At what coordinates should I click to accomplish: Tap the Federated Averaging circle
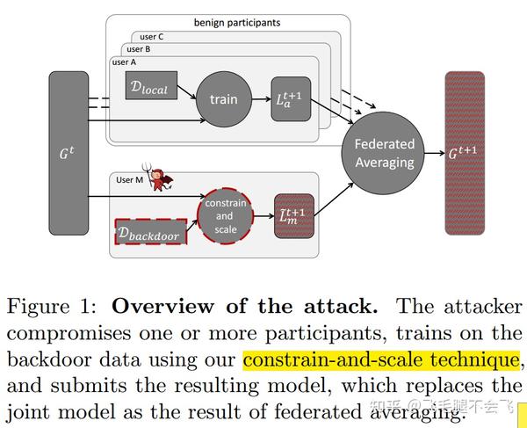(x=383, y=154)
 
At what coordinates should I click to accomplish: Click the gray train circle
(x=223, y=99)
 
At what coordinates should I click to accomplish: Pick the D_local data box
(x=151, y=85)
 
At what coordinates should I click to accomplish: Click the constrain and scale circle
(x=224, y=215)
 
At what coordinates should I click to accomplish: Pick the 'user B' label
(x=141, y=50)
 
